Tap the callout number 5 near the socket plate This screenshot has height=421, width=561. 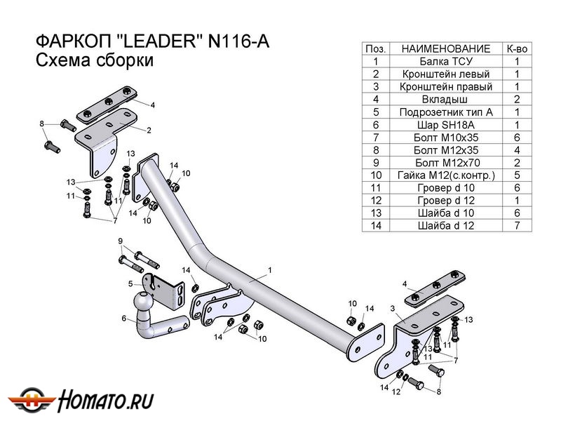130,283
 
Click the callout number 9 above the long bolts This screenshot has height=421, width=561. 121,241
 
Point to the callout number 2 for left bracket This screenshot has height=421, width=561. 149,131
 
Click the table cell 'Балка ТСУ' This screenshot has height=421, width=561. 446,62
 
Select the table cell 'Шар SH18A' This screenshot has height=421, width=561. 446,125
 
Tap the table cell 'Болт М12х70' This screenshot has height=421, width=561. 446,163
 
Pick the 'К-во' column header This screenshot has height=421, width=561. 517,48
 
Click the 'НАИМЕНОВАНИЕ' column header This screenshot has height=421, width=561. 446,48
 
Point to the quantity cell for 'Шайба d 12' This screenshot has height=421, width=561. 517,226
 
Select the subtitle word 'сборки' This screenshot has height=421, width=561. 128,60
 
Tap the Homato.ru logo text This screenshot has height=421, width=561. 107,401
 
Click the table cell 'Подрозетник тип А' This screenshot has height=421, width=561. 446,112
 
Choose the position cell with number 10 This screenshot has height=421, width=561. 376,175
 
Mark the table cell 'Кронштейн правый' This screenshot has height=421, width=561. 446,87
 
